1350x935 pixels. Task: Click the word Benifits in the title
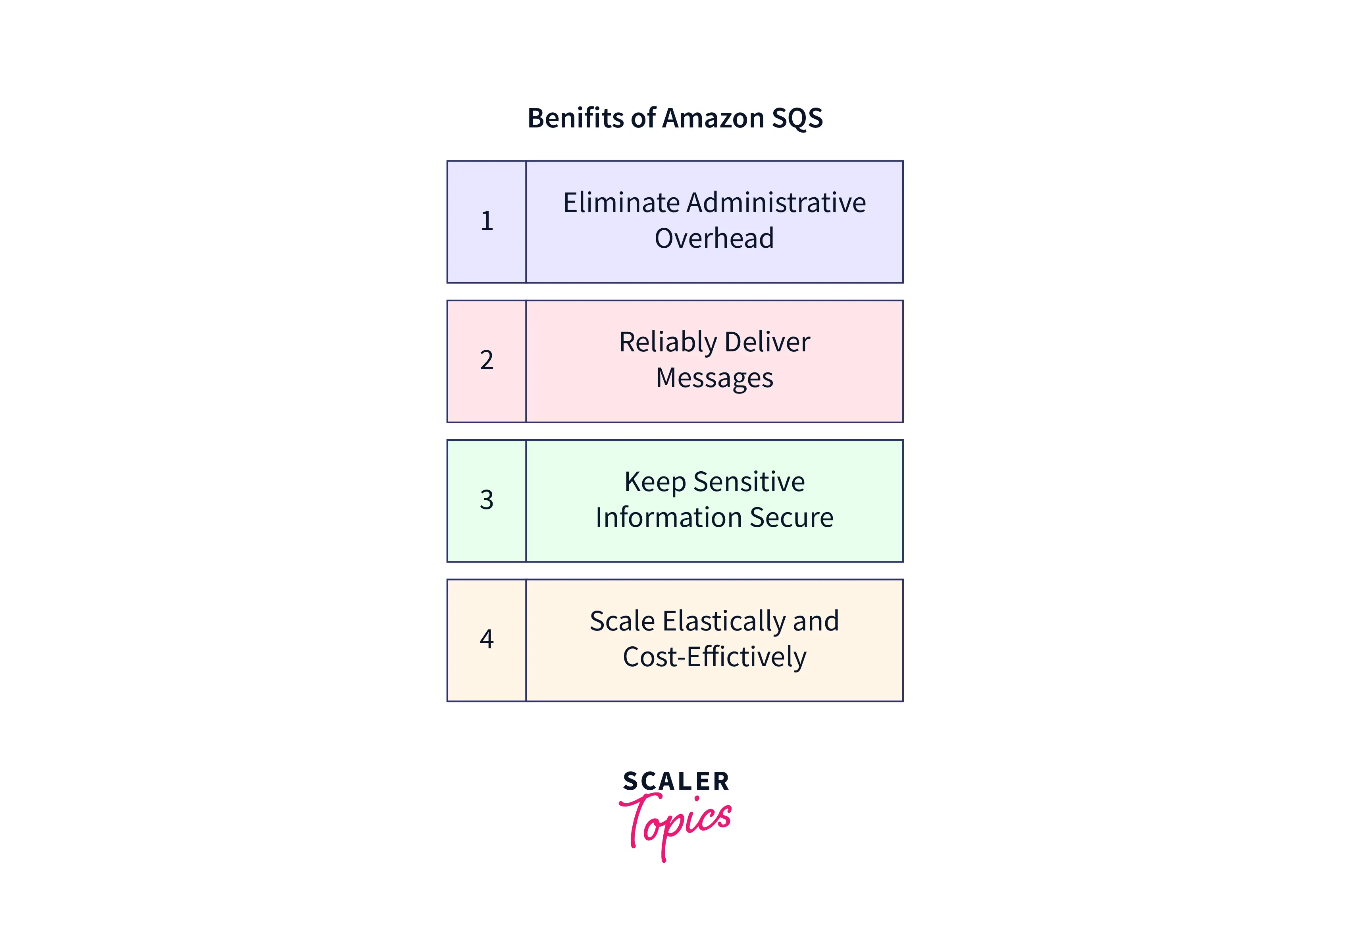(577, 118)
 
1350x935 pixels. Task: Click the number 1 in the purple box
(487, 221)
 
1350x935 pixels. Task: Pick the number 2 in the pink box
(487, 360)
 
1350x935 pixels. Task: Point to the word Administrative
(776, 203)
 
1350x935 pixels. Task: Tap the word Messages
(714, 378)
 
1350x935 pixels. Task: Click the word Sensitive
(749, 482)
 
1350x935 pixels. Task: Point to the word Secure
(791, 518)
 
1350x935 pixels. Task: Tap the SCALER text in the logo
(676, 781)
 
